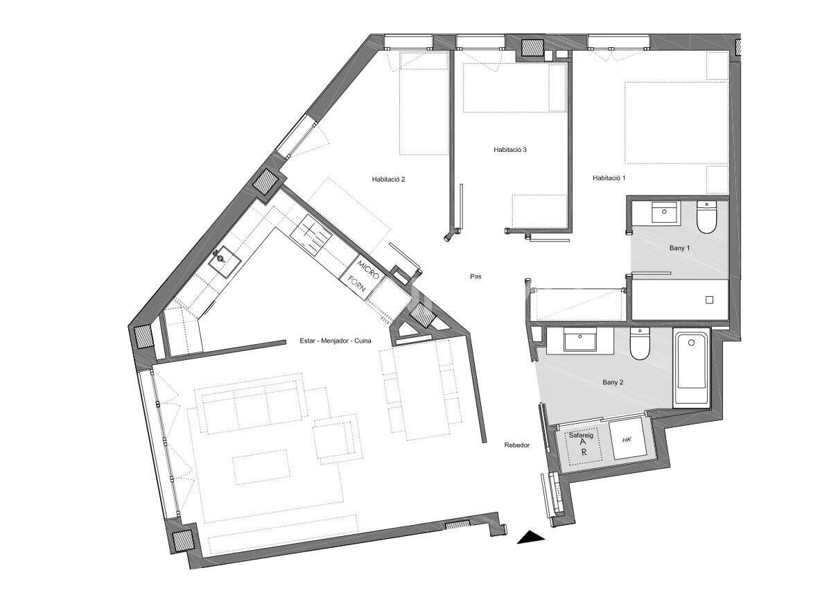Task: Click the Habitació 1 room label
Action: pyautogui.click(x=609, y=178)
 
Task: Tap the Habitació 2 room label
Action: pyautogui.click(x=388, y=179)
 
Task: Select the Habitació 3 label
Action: pyautogui.click(x=510, y=149)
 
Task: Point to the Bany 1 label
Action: pyautogui.click(x=679, y=248)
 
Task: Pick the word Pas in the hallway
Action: pyautogui.click(x=475, y=276)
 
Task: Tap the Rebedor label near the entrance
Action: pyautogui.click(x=516, y=445)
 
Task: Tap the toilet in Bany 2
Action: pyautogui.click(x=639, y=344)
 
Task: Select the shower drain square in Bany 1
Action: pyautogui.click(x=709, y=300)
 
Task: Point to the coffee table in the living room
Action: pyautogui.click(x=260, y=467)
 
